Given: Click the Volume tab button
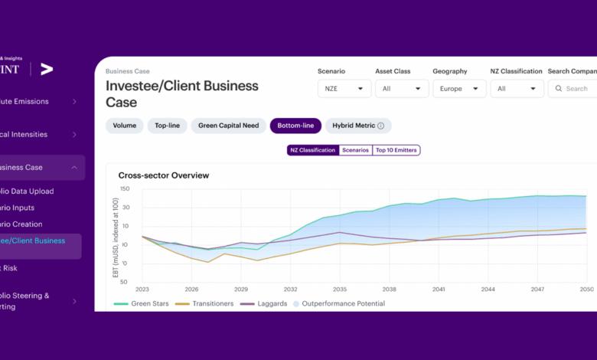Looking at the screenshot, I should (124, 126).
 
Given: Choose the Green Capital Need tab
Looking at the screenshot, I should (228, 126).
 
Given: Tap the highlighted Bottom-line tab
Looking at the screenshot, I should (295, 126).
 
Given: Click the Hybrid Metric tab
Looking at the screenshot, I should (358, 126).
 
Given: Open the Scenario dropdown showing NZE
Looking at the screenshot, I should (344, 89).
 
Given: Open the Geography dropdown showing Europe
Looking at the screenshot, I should (459, 89).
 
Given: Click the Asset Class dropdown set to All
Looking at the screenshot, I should (401, 89).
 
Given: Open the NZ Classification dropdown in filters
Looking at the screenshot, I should (517, 89).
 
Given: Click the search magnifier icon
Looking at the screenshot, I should (557, 89).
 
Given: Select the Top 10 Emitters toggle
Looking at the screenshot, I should (396, 150).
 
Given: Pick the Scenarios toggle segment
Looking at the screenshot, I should (356, 150).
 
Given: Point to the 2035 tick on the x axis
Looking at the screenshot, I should (340, 290).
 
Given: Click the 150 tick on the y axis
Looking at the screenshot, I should (124, 188).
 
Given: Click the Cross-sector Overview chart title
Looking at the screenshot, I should (163, 175).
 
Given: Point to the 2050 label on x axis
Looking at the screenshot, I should (586, 290).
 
